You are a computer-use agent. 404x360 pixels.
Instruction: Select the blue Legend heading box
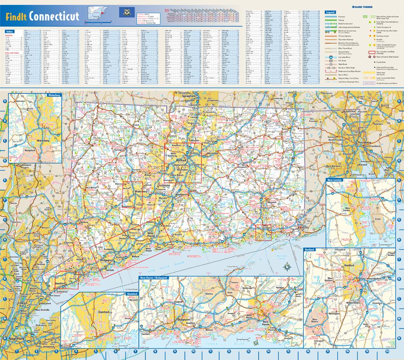pyautogui.click(x=330, y=13)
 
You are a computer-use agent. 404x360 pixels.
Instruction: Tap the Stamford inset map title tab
pyautogui.click(x=132, y=293)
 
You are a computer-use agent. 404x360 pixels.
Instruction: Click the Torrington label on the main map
pyautogui.click(x=119, y=150)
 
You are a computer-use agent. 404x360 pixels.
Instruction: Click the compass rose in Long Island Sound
pyautogui.click(x=287, y=267)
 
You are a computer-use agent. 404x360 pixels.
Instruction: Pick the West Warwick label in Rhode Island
pyautogui.click(x=334, y=166)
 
